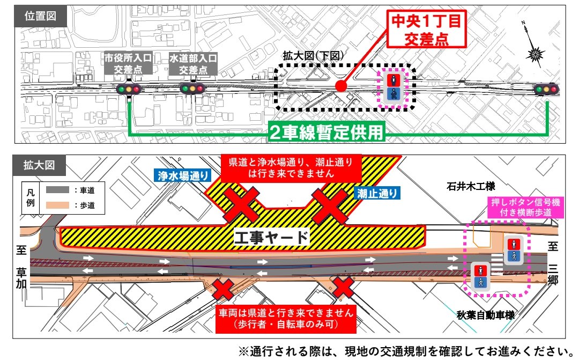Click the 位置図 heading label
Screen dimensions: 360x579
[41, 17]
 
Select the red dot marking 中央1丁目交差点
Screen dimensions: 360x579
[340, 86]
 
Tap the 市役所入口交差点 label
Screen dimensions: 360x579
[129, 63]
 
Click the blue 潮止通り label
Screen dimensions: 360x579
[375, 193]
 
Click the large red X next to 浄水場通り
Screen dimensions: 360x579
[242, 204]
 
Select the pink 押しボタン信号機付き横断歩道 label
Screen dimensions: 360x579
[525, 208]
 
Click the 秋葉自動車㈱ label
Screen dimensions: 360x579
[486, 315]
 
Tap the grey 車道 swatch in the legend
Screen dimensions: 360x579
[55, 189]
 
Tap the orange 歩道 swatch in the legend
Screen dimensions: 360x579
[55, 204]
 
